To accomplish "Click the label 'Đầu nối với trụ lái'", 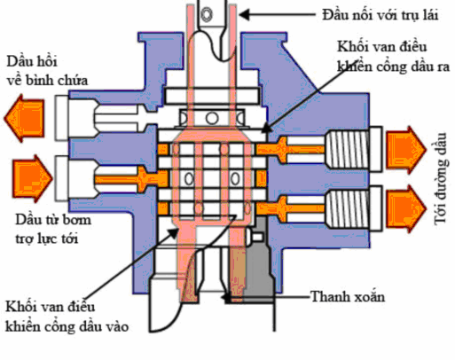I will [x=373, y=15].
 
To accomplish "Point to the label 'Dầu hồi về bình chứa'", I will [x=45, y=72].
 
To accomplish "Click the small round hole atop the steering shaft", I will [x=211, y=14].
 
